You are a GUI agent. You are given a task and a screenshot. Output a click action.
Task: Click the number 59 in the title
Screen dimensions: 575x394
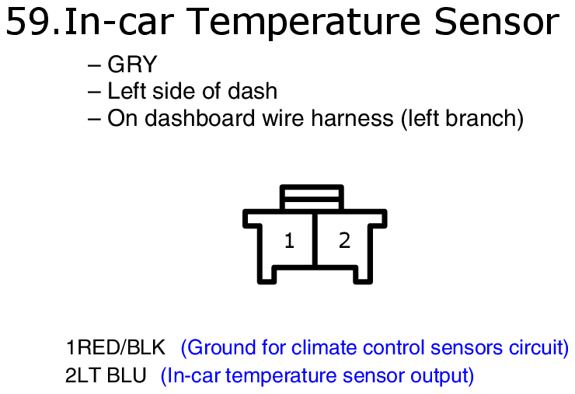pyautogui.click(x=28, y=23)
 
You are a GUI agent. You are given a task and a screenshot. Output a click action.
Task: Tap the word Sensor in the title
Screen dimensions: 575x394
pyautogui.click(x=497, y=22)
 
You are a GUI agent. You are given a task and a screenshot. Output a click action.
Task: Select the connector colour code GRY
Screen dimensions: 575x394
pyautogui.click(x=132, y=65)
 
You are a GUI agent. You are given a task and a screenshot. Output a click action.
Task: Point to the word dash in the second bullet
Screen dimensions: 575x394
pyautogui.click(x=253, y=91)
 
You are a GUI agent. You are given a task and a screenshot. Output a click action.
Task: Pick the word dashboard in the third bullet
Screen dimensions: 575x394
pyautogui.click(x=200, y=118)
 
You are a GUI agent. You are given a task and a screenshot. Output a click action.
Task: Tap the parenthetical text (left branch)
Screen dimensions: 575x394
pyautogui.click(x=462, y=119)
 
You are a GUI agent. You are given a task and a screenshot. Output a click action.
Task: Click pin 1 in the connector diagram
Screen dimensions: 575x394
pyautogui.click(x=289, y=241)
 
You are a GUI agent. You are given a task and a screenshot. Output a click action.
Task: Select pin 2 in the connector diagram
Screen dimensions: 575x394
pyautogui.click(x=344, y=241)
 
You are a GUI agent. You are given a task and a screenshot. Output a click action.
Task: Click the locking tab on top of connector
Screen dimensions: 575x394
pyautogui.click(x=312, y=197)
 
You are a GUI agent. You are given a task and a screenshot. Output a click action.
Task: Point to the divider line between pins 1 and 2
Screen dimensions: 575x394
pyautogui.click(x=315, y=239)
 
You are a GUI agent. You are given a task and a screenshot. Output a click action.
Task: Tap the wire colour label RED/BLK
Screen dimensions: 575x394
pyautogui.click(x=121, y=347)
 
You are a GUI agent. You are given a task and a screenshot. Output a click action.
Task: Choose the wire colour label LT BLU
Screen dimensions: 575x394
pyautogui.click(x=111, y=375)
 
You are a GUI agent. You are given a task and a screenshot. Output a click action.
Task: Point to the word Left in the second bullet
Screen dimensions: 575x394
pyautogui.click(x=127, y=91)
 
